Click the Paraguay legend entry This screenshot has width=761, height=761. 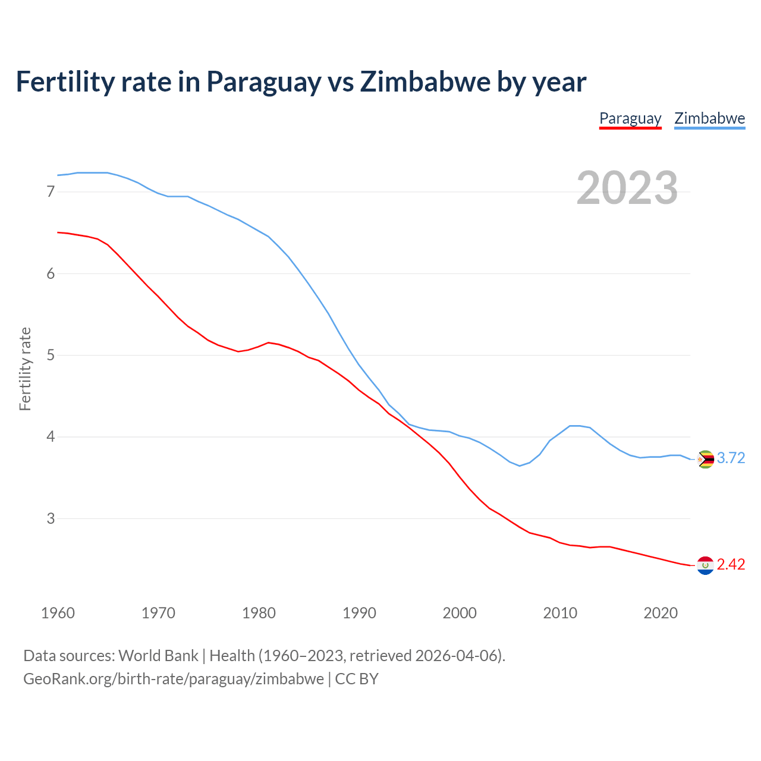coord(630,118)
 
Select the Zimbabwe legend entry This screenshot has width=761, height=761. coord(709,118)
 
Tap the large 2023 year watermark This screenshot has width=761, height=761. coord(627,188)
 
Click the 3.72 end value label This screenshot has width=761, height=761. coord(731,458)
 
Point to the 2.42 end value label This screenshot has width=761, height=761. coord(731,564)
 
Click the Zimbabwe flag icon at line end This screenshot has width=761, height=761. coord(705,459)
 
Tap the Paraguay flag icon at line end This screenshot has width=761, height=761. coord(705,565)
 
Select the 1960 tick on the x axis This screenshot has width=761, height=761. coord(58,613)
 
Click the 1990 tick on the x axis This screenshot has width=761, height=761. coord(359,613)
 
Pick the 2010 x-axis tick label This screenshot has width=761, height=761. coord(560,613)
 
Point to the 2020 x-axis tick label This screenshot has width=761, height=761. coord(661,613)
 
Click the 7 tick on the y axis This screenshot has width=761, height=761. coord(51,192)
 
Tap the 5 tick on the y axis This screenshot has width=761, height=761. coord(51,356)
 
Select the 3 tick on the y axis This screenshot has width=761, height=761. coord(51,518)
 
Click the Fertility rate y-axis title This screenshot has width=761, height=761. coord(25,369)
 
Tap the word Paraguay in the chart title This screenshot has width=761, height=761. coord(263,82)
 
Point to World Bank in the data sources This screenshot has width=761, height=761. coord(158,656)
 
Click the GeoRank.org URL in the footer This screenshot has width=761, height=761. coord(174,679)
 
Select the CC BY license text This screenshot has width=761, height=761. coord(357,679)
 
